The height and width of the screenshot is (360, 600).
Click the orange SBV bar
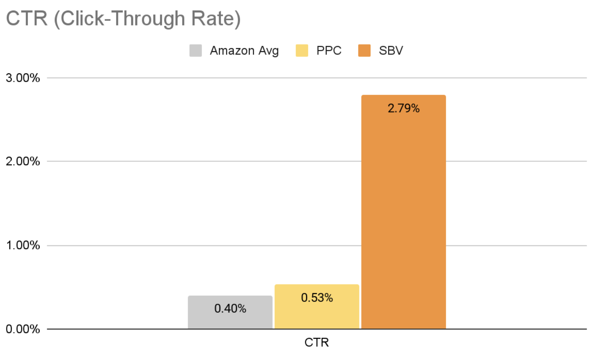(403, 218)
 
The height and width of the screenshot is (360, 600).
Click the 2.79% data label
(403, 108)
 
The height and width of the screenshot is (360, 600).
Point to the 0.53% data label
(317, 298)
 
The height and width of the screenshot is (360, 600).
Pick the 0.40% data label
(230, 308)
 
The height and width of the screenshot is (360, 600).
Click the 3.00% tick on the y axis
(22, 78)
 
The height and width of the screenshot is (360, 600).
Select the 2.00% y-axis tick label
(22, 161)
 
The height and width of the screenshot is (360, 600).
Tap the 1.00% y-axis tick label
(22, 245)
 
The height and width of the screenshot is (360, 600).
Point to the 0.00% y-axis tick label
(22, 329)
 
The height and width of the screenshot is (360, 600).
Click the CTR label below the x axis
(316, 342)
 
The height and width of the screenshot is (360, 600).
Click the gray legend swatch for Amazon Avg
(196, 50)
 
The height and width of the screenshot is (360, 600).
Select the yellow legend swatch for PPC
(302, 50)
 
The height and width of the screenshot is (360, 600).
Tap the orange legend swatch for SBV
(364, 50)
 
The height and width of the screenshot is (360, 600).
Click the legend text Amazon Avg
(244, 50)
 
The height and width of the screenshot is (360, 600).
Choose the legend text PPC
(329, 50)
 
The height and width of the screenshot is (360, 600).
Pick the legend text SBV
(391, 50)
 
